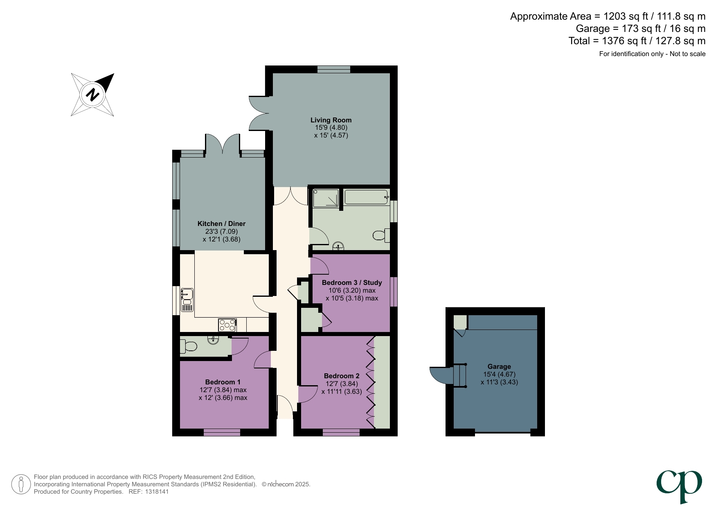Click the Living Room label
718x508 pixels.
click(x=331, y=120)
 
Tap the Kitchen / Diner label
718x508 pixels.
click(x=221, y=224)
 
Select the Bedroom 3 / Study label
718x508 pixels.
click(x=351, y=282)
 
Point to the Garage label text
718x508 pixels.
click(x=499, y=366)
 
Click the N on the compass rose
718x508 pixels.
click(x=93, y=95)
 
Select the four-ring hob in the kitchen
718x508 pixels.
click(x=227, y=325)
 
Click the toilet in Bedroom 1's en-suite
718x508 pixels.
click(x=189, y=347)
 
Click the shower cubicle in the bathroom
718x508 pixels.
click(x=326, y=199)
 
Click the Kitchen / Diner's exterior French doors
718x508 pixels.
click(x=222, y=144)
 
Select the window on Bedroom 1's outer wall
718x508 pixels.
click(x=222, y=432)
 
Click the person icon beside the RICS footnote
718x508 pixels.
click(x=20, y=484)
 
